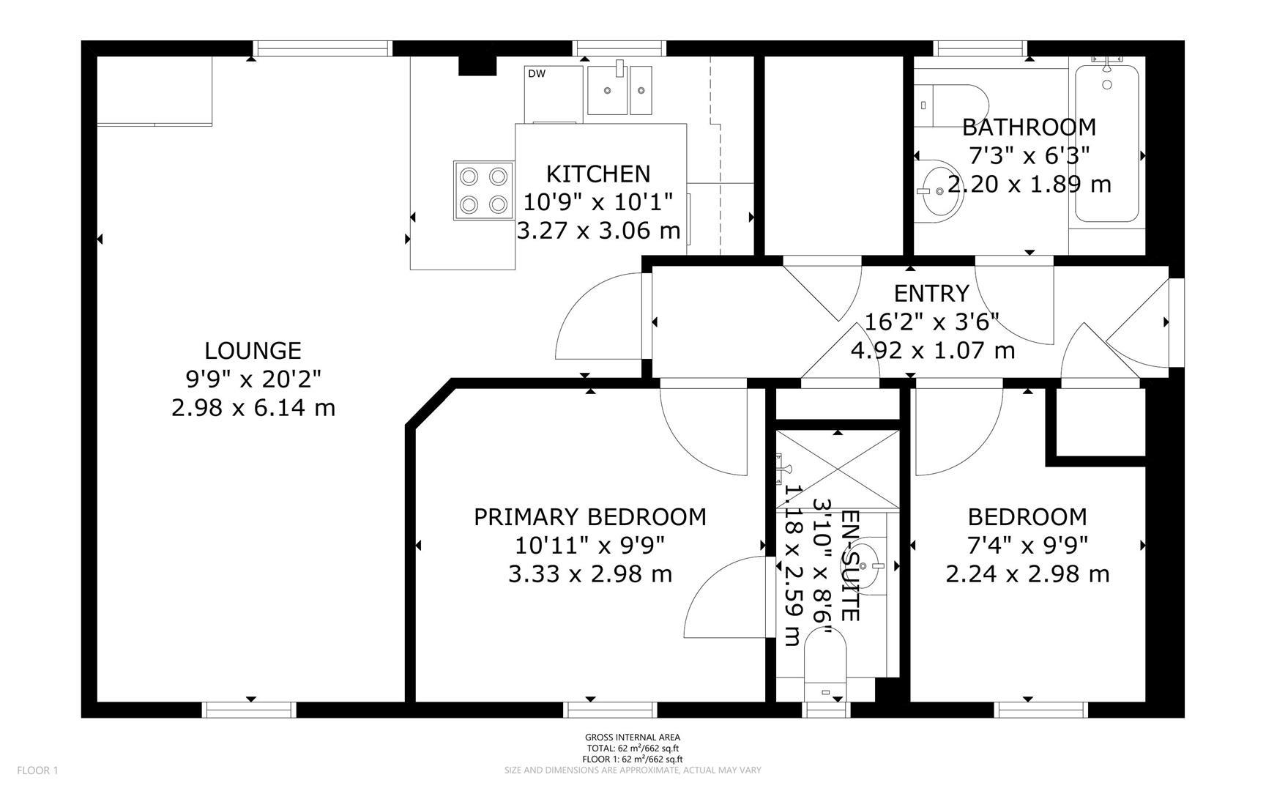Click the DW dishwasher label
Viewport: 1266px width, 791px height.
click(x=537, y=73)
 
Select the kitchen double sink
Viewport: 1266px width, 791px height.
click(x=620, y=90)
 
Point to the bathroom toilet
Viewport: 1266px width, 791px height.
click(x=950, y=105)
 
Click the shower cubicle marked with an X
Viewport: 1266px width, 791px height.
click(x=837, y=469)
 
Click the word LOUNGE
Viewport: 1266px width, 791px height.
click(x=253, y=350)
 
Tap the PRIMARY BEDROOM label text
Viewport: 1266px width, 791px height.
click(x=590, y=517)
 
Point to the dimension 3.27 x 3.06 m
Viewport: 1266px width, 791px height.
click(x=598, y=231)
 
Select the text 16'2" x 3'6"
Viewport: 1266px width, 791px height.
click(x=931, y=322)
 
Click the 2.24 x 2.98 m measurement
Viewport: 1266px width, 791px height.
click(x=1027, y=574)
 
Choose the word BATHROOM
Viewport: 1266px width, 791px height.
click(x=1029, y=127)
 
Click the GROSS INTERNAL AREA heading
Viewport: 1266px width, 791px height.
click(x=632, y=738)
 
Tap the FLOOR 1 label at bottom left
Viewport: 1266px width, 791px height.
click(x=37, y=770)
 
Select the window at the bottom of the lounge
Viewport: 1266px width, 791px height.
click(x=249, y=709)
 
